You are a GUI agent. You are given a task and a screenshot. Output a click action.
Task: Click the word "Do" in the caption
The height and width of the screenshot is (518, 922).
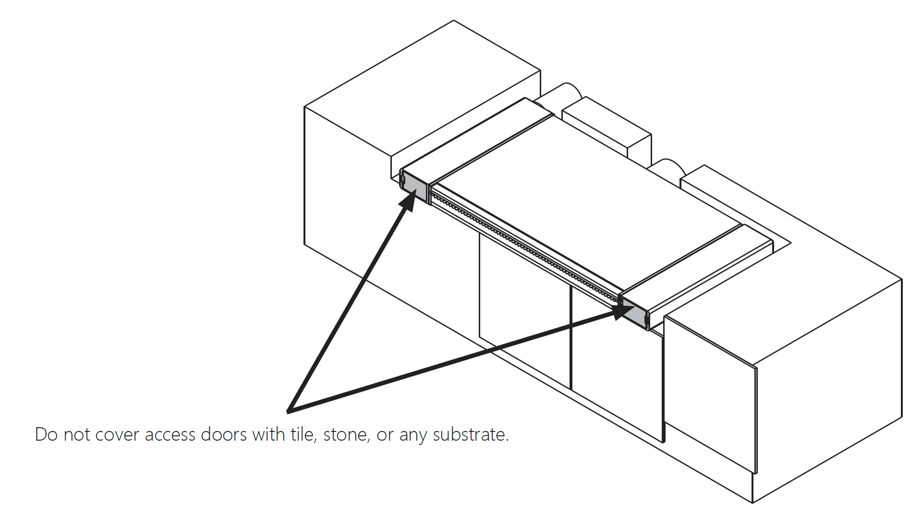(x=46, y=434)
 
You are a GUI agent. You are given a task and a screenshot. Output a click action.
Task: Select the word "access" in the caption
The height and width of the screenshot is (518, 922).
(x=170, y=434)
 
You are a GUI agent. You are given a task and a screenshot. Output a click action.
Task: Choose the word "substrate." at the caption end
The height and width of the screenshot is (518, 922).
(x=471, y=434)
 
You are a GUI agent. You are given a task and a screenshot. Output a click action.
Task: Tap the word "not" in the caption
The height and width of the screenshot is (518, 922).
(x=77, y=434)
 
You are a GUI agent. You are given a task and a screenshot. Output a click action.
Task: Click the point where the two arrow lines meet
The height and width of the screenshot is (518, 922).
(x=289, y=411)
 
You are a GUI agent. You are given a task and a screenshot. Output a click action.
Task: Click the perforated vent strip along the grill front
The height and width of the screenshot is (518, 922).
(x=523, y=247)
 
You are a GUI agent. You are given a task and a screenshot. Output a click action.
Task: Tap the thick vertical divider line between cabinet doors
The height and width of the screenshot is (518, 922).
(x=570, y=336)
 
